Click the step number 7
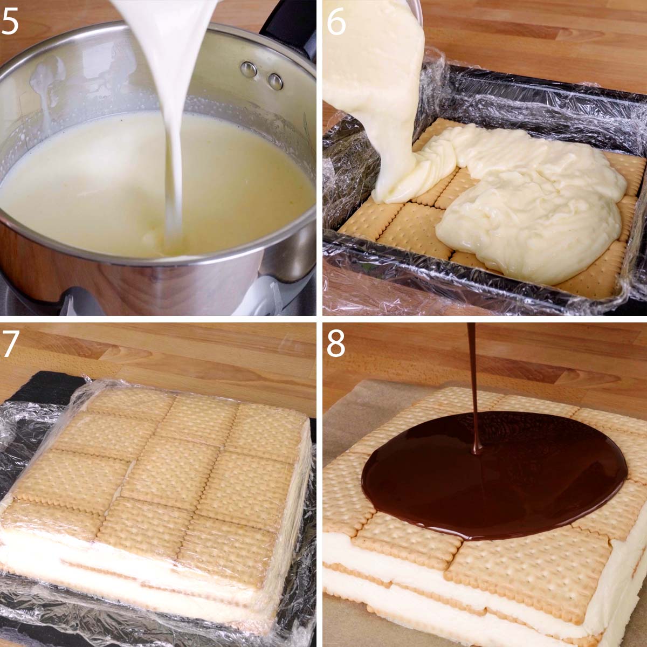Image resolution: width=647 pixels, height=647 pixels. click(x=12, y=345)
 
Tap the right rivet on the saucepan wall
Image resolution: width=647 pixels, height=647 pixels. click(x=275, y=81)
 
